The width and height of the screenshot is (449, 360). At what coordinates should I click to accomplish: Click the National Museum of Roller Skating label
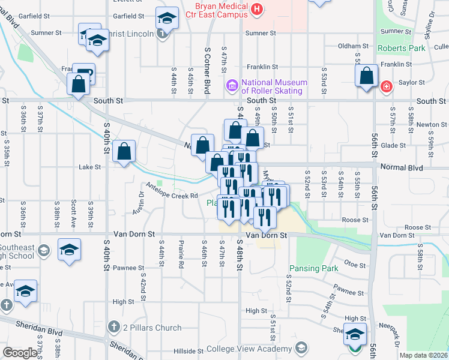pos(274,87)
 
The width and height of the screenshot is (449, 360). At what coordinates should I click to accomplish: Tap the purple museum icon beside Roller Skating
pos(232,87)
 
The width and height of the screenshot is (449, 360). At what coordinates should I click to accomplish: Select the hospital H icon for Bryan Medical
pos(258,8)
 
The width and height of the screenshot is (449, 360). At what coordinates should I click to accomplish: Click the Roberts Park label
pos(402,47)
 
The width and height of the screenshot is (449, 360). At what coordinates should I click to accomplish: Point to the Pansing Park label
pos(314,268)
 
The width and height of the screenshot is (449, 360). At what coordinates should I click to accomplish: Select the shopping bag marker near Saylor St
pos(366,77)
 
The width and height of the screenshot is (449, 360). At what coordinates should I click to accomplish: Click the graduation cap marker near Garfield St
pos(167,18)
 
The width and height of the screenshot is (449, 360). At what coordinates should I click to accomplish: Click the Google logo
pos(20,353)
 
